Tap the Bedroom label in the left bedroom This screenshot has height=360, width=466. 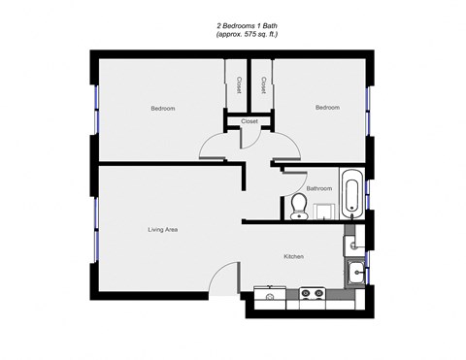(x=162, y=108)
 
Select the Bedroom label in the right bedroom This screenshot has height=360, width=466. (x=327, y=108)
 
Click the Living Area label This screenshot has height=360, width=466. (x=162, y=230)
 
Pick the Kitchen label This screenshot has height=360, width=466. (x=294, y=256)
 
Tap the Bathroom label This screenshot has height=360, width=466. (x=319, y=187)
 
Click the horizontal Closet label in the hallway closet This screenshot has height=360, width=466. (x=249, y=121)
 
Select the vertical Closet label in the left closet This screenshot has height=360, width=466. (x=237, y=85)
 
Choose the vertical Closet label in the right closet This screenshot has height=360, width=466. (x=263, y=85)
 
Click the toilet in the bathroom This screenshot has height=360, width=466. (x=300, y=206)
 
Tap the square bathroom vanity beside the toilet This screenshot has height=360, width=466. (x=324, y=210)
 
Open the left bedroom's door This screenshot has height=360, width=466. (x=216, y=147)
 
